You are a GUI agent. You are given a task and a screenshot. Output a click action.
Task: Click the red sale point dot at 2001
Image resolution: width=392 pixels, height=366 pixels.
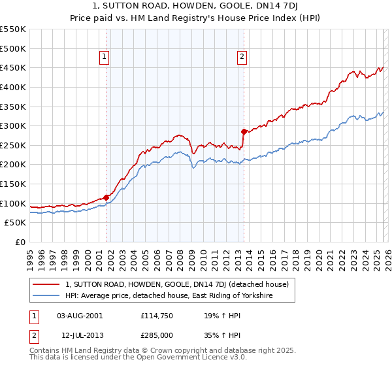tap(106, 197)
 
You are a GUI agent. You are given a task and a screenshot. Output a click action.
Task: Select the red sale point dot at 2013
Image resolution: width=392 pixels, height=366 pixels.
tap(244, 131)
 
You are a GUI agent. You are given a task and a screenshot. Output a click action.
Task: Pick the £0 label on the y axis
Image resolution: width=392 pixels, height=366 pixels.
tap(20, 242)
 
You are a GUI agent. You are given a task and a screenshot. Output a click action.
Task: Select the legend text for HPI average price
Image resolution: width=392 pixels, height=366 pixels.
tap(169, 296)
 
